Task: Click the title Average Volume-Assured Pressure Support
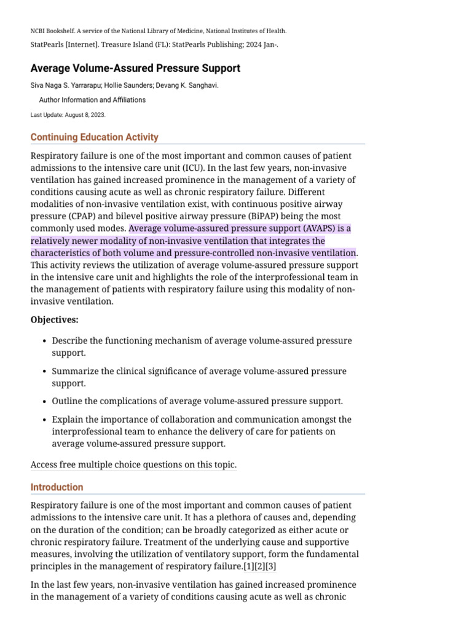[135, 68]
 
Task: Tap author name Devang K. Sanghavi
[195, 85]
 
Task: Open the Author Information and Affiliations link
[92, 100]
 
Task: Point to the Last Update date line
[68, 115]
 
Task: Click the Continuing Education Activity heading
[94, 137]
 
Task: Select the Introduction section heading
[57, 487]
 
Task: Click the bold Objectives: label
[55, 319]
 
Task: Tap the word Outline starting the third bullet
[68, 402]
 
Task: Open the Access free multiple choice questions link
[133, 465]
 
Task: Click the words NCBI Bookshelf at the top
[52, 31]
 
